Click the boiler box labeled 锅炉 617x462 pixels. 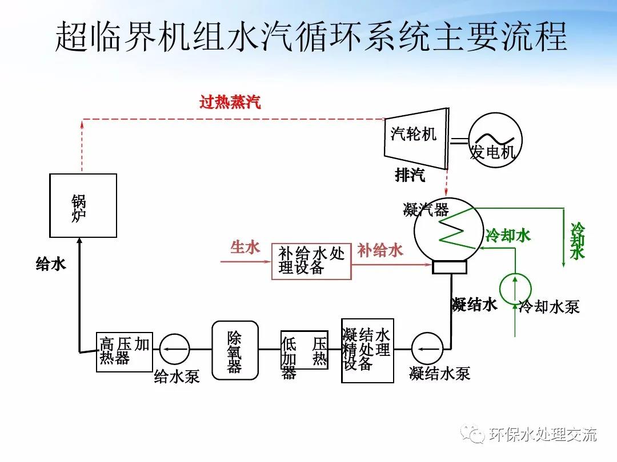pos(83,205)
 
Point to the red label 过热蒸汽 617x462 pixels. pos(230,103)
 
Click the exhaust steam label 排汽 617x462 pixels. pos(410,175)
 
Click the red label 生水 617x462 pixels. pos(245,248)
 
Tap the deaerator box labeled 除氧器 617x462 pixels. pos(235,350)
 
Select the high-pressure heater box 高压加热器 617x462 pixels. pos(125,351)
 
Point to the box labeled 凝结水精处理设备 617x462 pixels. pos(367,350)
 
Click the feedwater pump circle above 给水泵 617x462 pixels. pos(175,348)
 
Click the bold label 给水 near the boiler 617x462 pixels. pos(51,264)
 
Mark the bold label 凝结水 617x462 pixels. pos(474,305)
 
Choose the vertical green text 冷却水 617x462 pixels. pos(578,241)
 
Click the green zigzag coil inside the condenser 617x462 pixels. pos(456,234)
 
